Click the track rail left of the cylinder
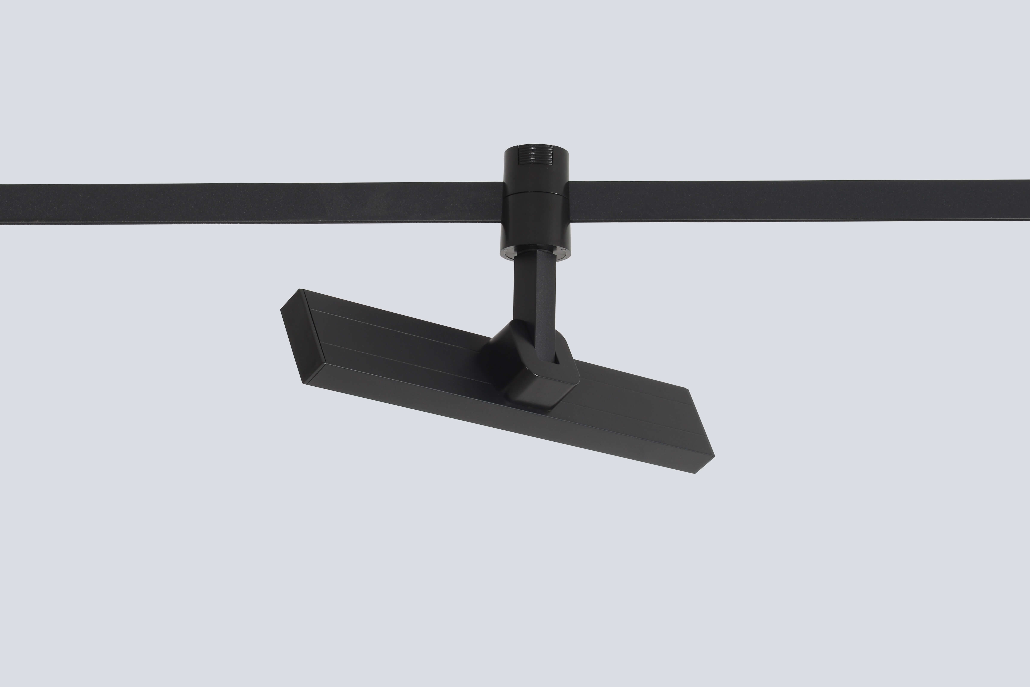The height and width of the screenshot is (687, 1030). (250, 204)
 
